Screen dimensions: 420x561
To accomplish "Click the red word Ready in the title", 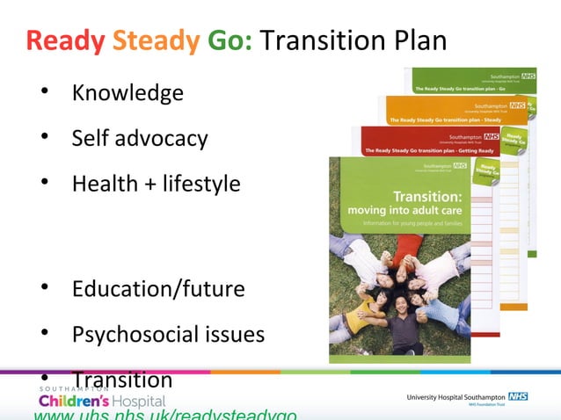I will click(65, 40).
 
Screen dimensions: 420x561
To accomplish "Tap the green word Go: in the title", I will click(230, 40).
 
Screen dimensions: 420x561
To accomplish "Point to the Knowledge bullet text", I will click(127, 92).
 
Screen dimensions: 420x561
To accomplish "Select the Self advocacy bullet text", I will click(139, 138).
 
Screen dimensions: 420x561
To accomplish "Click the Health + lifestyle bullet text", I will click(156, 184).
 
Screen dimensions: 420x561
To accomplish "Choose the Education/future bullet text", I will click(158, 288).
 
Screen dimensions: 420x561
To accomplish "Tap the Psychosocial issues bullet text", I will click(168, 334).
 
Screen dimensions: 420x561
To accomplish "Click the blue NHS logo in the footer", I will click(516, 397).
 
